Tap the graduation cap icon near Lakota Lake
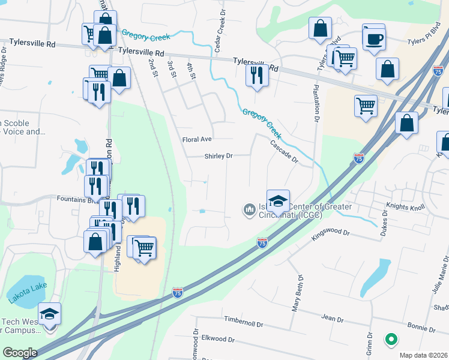pyautogui.click(x=50, y=314)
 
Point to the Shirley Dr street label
pyautogui.click(x=218, y=156)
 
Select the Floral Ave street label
pyautogui.click(x=197, y=139)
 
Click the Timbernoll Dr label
pyautogui.click(x=243, y=323)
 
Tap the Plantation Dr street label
pyautogui.click(x=315, y=104)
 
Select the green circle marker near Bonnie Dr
pyautogui.click(x=391, y=340)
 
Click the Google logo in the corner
pyautogui.click(x=20, y=353)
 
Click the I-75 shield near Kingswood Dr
pyautogui.click(x=262, y=243)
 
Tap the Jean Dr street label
pyautogui.click(x=331, y=317)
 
